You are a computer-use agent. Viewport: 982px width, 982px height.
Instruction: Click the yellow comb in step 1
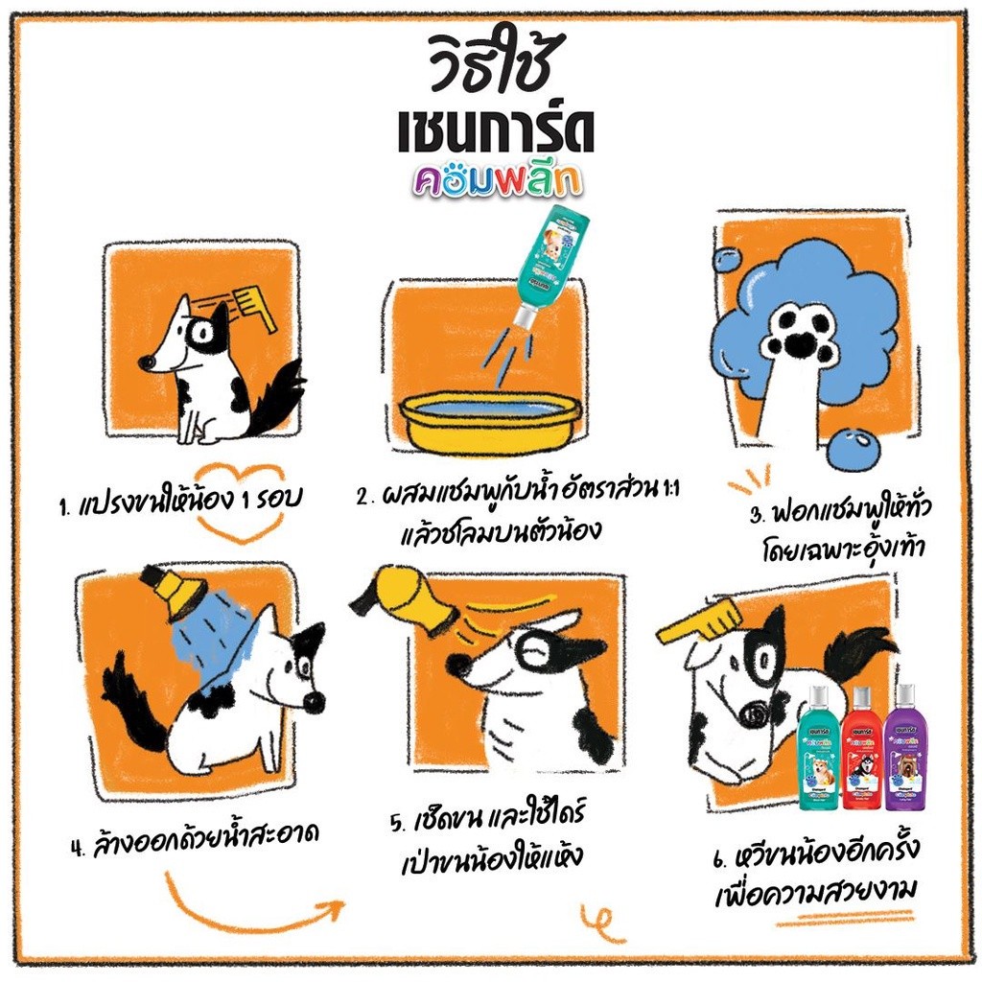254,307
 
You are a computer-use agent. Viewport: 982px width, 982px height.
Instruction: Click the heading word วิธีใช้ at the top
492,61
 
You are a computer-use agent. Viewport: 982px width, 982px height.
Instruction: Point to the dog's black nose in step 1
146,362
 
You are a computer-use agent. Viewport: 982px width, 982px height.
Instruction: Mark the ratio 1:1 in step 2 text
669,489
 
